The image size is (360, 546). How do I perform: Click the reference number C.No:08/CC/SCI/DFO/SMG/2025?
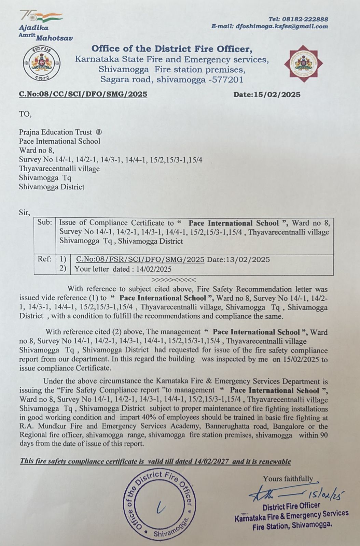83,94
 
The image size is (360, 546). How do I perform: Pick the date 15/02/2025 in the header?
277,95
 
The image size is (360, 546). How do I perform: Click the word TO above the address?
25,114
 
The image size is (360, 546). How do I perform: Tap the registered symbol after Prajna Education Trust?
99,132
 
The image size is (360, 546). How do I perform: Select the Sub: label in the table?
45,222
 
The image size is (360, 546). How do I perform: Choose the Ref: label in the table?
44,259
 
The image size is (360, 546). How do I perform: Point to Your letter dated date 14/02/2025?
154,269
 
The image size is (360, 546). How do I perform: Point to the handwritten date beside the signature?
326,493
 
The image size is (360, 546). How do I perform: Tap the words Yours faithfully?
288,479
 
